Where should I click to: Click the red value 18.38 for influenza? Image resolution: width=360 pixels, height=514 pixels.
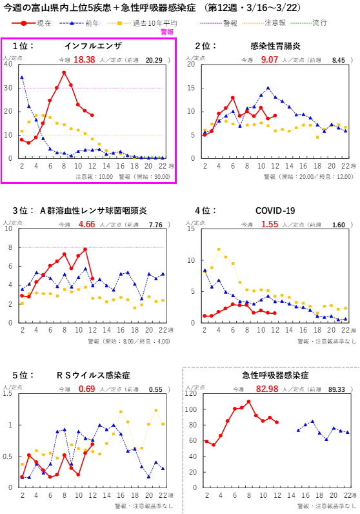tap(84, 59)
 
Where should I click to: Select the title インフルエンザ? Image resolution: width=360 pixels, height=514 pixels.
tap(93, 46)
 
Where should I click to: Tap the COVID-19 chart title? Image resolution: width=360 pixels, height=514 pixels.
tap(275, 211)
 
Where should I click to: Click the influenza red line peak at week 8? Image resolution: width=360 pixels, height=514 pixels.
tap(64, 72)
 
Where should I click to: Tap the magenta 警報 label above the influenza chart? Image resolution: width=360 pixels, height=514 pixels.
tap(166, 31)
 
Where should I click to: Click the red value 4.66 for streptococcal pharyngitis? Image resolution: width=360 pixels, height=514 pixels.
tap(86, 225)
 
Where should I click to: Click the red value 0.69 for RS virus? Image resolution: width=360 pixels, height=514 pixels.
tap(86, 389)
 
